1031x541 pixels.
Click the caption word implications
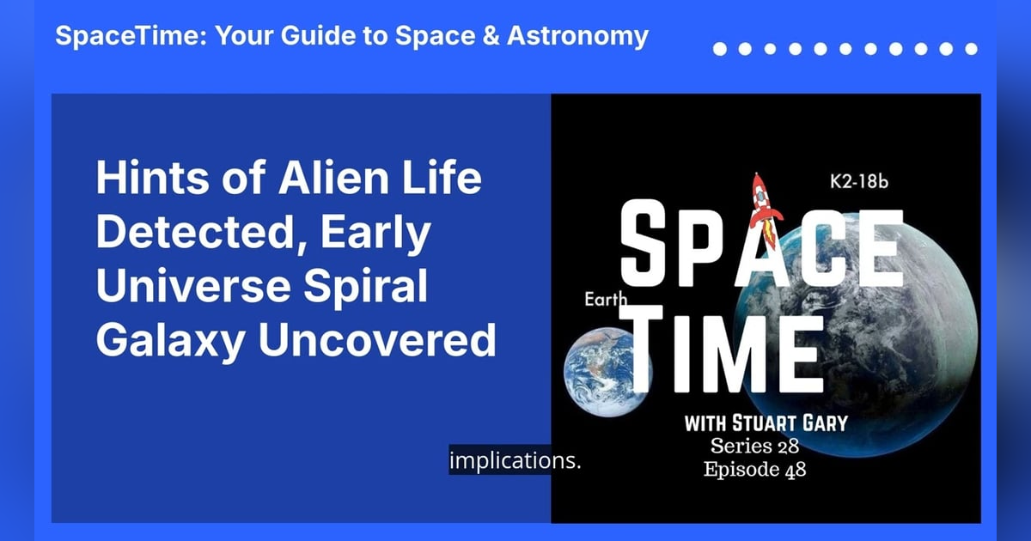click(515, 460)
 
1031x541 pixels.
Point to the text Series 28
click(755, 446)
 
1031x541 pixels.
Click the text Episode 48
click(754, 470)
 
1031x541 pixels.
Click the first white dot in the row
click(720, 49)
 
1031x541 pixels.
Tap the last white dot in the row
click(971, 49)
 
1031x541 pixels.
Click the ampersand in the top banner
click(488, 36)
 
